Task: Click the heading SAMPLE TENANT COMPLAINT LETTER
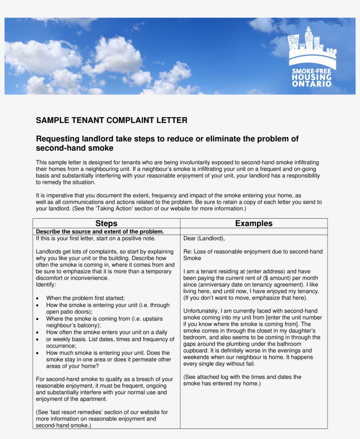112,120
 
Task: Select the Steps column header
106,223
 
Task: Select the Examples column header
254,223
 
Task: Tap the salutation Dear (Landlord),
204,239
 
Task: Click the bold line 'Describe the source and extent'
100,231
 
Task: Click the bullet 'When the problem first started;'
86,298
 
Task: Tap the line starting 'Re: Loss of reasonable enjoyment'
252,252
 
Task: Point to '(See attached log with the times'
242,377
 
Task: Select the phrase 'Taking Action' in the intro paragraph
119,209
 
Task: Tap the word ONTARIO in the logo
312,83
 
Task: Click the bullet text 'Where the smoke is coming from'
88,319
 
